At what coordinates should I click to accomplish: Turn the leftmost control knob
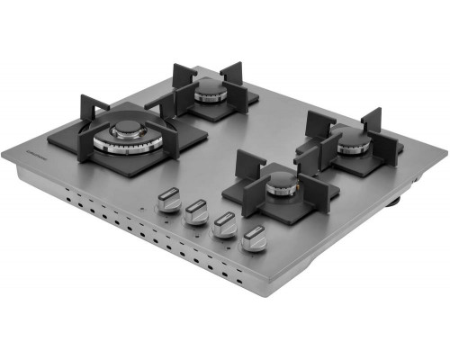point(167,201)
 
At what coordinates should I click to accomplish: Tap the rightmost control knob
point(255,241)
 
